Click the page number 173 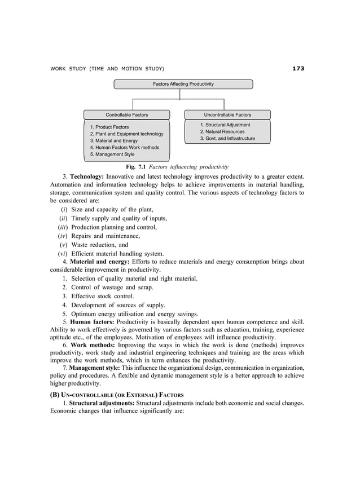(x=298, y=69)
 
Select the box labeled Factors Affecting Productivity (x=183, y=84)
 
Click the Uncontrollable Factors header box (x=227, y=114)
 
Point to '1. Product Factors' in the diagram (x=109, y=127)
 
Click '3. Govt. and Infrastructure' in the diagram (x=227, y=139)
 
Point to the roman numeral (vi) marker (x=63, y=254)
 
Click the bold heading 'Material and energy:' (x=99, y=262)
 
